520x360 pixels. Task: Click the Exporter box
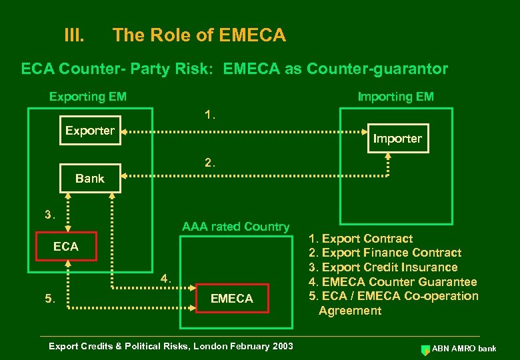click(90, 131)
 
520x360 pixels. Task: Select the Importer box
click(397, 139)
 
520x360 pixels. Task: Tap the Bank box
click(90, 178)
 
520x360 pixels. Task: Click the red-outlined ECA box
click(66, 246)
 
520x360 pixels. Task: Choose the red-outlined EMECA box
click(231, 299)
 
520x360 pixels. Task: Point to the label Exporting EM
click(88, 97)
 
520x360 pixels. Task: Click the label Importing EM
click(395, 97)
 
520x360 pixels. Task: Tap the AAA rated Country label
click(235, 227)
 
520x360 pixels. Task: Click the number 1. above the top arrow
click(210, 115)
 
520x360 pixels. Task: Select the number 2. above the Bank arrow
click(210, 162)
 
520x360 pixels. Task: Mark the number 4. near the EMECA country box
click(166, 278)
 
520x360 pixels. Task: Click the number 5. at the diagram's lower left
click(50, 299)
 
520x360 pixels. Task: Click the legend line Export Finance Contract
click(385, 253)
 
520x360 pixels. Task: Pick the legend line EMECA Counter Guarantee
click(393, 282)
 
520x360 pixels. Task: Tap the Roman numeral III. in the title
click(73, 35)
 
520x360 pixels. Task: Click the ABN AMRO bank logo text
click(464, 349)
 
